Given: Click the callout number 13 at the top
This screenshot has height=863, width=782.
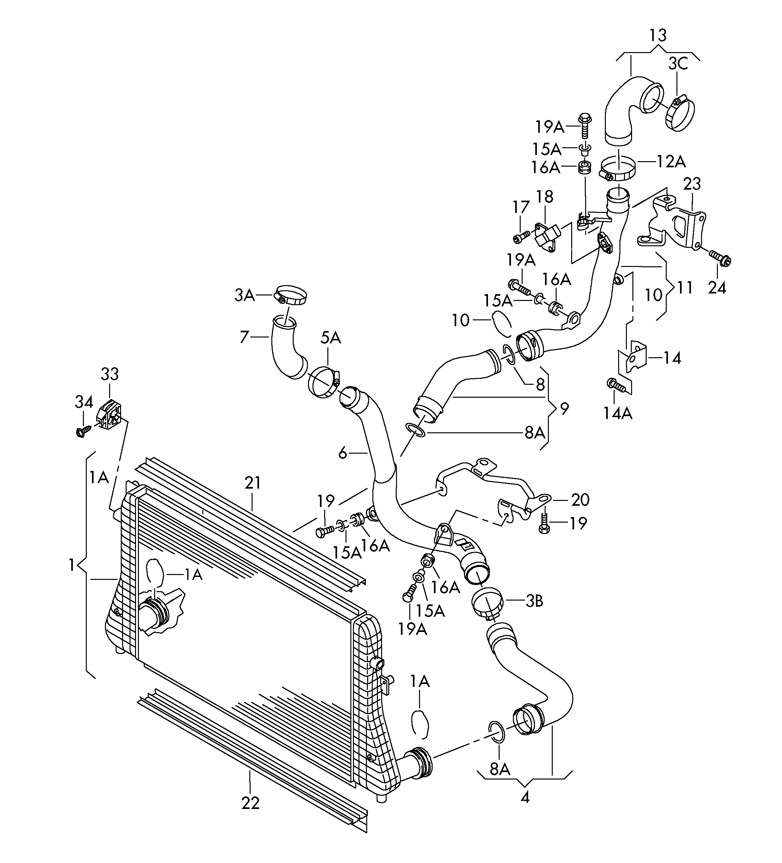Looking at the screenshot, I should click(658, 35).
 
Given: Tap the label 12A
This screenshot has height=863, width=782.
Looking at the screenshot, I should click(672, 161).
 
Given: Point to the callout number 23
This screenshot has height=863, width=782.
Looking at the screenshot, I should click(692, 184).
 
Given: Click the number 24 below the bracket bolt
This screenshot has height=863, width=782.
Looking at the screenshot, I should click(717, 288).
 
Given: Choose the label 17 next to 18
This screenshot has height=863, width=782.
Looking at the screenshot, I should click(521, 208).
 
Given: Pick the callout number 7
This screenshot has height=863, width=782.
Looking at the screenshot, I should click(244, 337).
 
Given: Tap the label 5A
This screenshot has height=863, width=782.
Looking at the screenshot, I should click(330, 338).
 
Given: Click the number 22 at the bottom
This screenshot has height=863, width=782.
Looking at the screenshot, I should click(251, 803).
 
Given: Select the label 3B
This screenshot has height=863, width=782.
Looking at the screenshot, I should click(535, 601).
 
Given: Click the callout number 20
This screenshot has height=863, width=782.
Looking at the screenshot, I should click(580, 500).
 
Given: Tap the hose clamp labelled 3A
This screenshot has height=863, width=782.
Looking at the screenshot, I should click(291, 295).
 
